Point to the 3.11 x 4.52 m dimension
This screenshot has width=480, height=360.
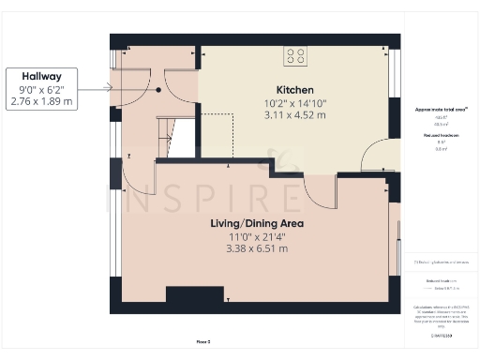click(x=294, y=115)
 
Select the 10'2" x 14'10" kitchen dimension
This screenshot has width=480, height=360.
click(x=294, y=103)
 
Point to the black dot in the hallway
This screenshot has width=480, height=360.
click(x=159, y=90)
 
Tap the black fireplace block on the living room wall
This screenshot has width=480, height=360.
click(x=195, y=295)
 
